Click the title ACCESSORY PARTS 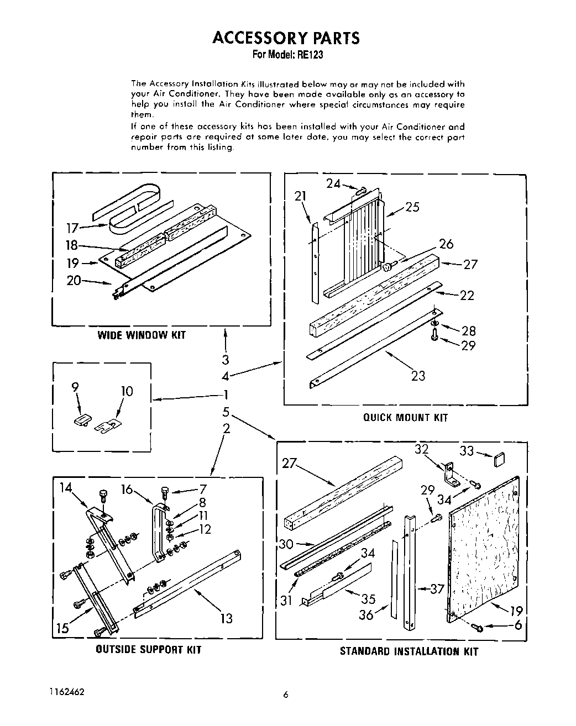point(286,38)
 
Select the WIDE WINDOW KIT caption point(142,335)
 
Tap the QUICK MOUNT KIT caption point(405,418)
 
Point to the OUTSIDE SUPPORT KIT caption point(149,649)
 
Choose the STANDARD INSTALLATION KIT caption point(409,651)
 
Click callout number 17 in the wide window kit point(72,227)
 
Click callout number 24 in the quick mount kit point(333,184)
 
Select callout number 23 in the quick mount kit point(418,376)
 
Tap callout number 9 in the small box point(75,388)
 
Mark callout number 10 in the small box point(127,392)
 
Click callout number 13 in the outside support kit point(227,618)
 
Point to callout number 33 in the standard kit point(467,451)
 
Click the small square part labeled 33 point(499,459)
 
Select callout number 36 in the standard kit point(366,614)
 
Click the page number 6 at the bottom point(286,696)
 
